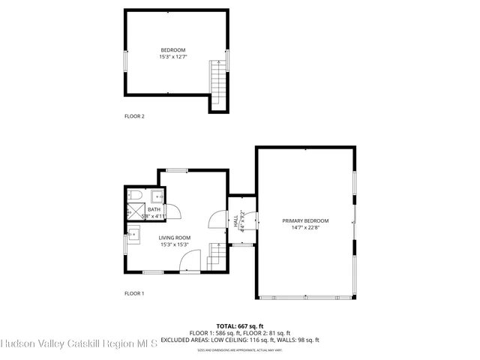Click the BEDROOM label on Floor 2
(172, 50)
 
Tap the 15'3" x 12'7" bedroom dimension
(172, 57)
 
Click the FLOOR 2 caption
(134, 116)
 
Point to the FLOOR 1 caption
(134, 293)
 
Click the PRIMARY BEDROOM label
(305, 220)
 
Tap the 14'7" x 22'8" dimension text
(305, 227)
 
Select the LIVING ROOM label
(174, 238)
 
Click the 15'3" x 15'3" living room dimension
(174, 244)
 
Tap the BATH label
(153, 209)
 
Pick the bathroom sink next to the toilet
(157, 197)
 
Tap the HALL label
(235, 222)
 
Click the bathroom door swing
(169, 211)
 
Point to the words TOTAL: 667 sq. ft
(240, 326)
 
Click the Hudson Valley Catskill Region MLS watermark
(79, 344)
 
